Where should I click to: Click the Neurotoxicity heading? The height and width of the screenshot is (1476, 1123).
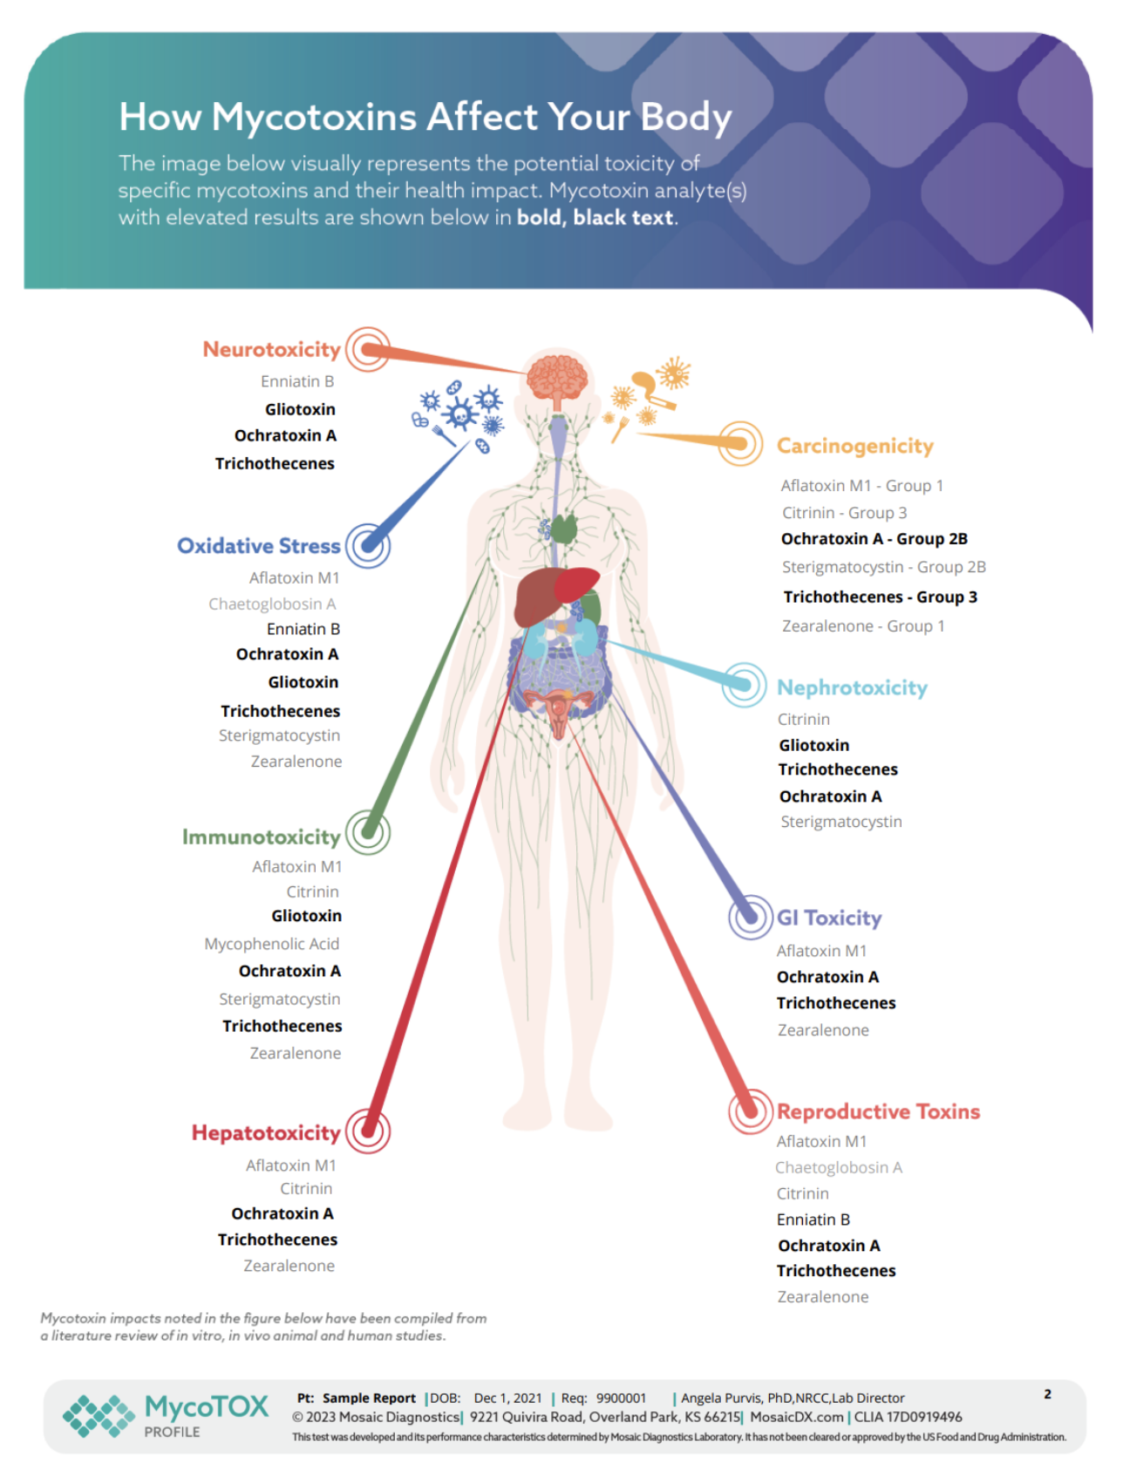[271, 350]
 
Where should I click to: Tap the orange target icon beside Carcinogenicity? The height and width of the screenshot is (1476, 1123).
[740, 443]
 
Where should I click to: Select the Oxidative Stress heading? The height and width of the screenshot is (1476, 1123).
[258, 546]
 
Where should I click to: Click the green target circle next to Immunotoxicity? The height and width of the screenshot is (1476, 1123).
[368, 832]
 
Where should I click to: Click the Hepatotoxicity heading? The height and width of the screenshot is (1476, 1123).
[265, 1133]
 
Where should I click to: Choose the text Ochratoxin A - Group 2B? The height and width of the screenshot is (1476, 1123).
[874, 539]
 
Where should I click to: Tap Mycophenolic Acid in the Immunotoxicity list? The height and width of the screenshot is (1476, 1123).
[271, 944]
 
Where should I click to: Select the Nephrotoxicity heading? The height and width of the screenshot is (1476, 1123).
[852, 688]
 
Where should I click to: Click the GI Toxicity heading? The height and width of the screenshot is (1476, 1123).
[828, 918]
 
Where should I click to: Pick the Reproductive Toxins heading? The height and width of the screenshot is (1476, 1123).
[878, 1111]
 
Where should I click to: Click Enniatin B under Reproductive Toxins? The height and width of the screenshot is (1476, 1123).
[813, 1220]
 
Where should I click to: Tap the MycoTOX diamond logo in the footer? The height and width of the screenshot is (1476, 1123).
[99, 1415]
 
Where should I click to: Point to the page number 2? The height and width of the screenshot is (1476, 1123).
[1047, 1394]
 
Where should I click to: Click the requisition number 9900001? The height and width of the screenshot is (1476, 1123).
[621, 1398]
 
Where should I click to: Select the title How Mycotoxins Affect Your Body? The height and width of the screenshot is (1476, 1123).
[425, 117]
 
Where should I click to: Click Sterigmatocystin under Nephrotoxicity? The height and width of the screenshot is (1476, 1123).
[841, 822]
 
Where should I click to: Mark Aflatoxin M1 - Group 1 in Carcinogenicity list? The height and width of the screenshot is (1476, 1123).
[861, 486]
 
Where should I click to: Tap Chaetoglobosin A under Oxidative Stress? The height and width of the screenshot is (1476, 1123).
[272, 604]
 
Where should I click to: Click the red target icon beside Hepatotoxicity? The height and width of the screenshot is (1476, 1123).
[368, 1131]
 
